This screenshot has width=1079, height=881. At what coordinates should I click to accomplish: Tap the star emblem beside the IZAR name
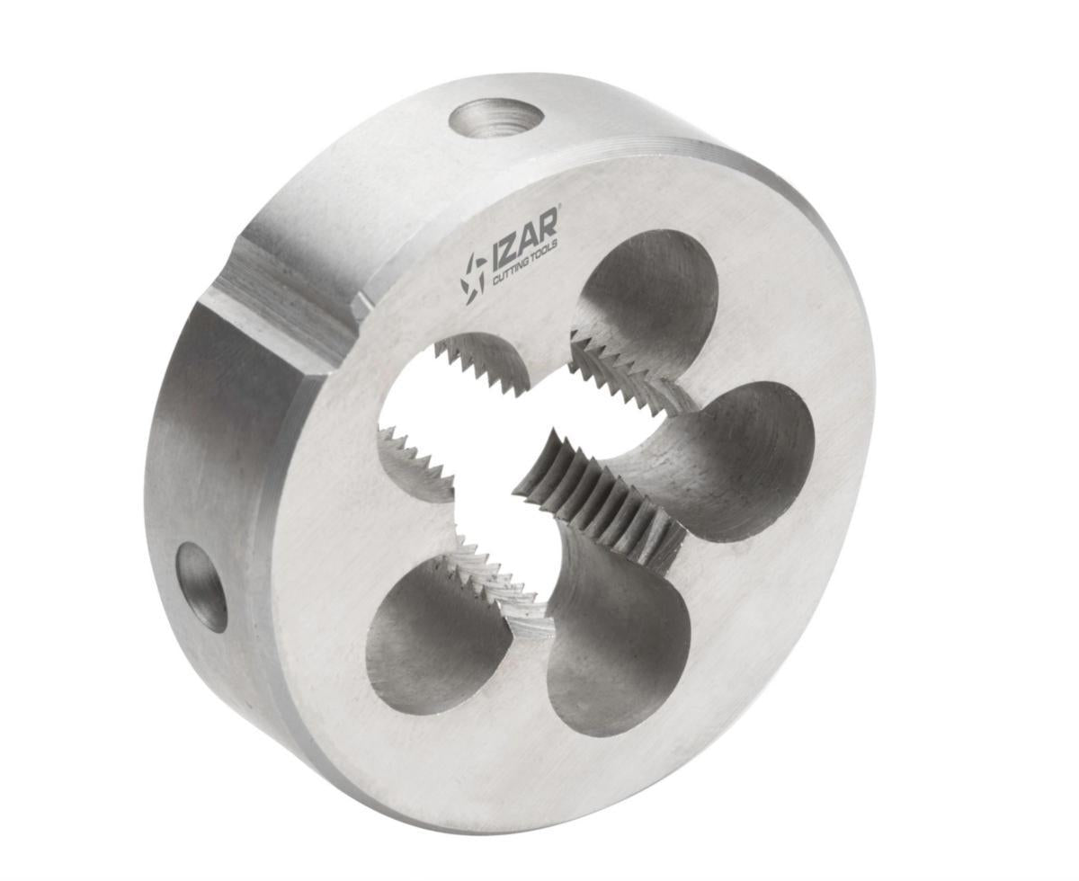473,274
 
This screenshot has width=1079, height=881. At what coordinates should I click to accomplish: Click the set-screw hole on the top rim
496,118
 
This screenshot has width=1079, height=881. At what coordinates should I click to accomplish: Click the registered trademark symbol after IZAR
558,209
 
